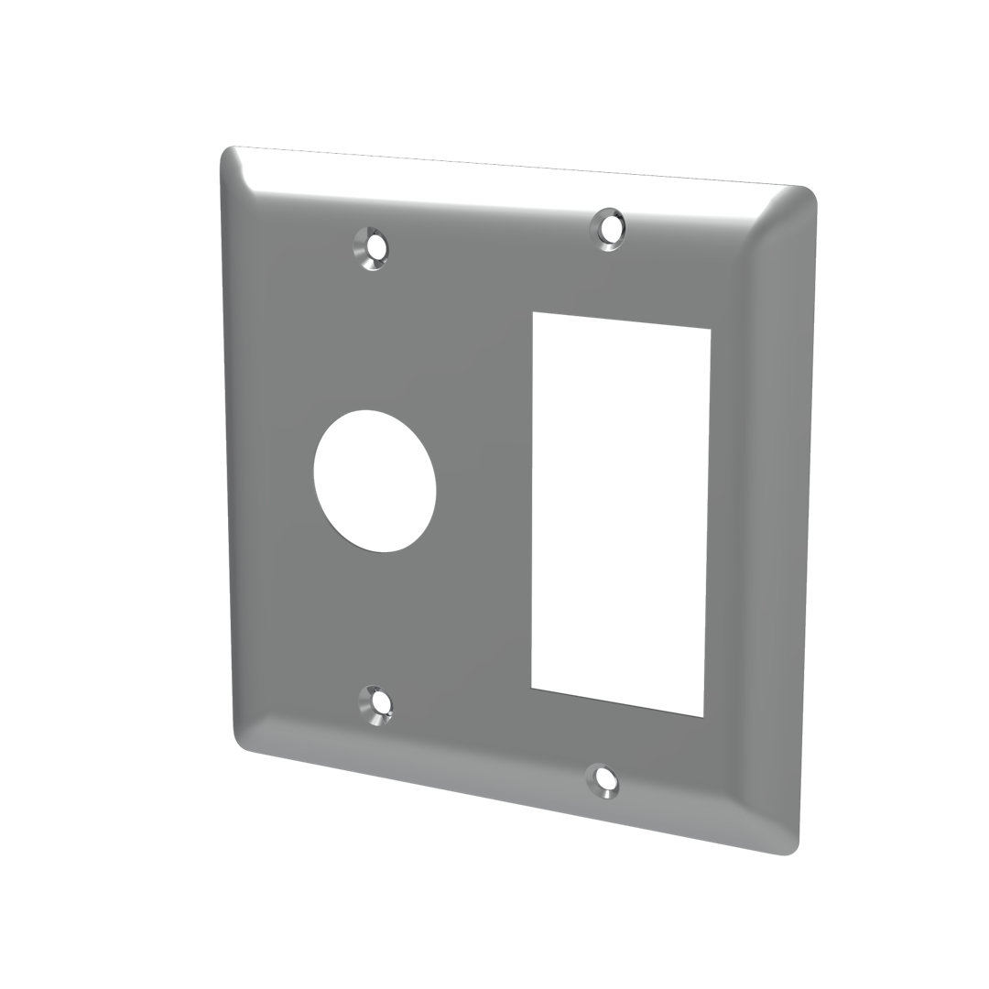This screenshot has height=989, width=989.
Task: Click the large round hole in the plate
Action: tap(375, 480)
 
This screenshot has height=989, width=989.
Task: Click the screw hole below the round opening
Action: tap(376, 703)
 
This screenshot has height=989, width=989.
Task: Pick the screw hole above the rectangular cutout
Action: tap(607, 225)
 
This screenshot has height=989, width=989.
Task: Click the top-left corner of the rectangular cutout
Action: tap(533, 314)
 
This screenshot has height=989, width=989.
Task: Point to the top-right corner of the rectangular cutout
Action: tap(710, 330)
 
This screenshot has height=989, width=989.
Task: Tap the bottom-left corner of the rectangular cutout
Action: tap(532, 686)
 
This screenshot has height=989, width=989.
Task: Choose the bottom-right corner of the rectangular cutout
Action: tap(701, 716)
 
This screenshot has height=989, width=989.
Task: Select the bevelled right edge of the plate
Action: tap(788, 522)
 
